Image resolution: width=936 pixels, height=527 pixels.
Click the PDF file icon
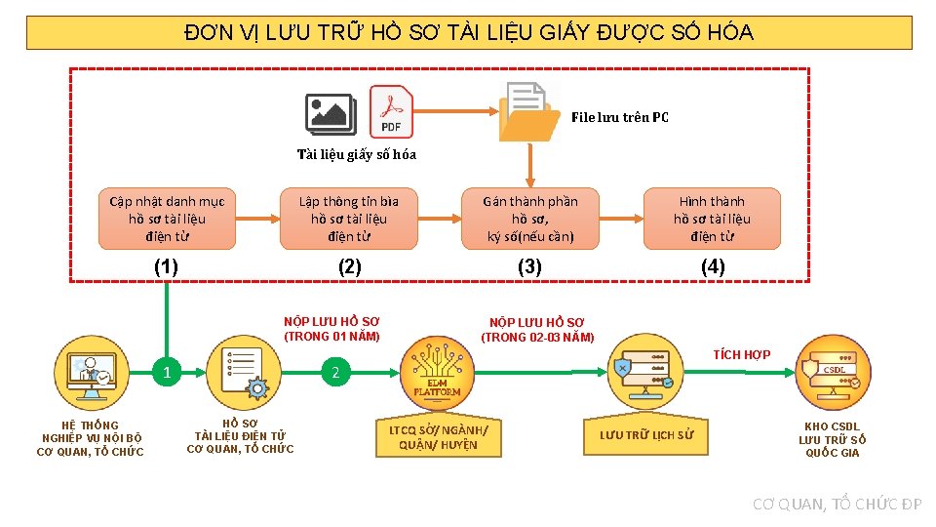(391, 111)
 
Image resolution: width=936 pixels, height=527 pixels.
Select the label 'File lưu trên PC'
(620, 117)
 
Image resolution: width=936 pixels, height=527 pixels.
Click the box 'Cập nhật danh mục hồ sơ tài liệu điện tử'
(167, 219)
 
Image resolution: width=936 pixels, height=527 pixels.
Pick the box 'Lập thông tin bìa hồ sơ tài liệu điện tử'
(348, 219)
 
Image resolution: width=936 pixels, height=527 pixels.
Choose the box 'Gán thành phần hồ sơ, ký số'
(530, 219)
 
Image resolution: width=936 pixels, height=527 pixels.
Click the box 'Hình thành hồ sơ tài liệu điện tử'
(712, 219)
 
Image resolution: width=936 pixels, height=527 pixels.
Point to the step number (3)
(529, 266)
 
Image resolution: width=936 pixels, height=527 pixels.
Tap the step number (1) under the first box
(167, 266)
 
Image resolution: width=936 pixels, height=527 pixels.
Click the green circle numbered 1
(167, 372)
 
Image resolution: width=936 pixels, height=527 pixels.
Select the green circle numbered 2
(335, 372)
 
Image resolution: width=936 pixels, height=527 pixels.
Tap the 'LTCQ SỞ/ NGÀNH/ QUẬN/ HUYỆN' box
(439, 437)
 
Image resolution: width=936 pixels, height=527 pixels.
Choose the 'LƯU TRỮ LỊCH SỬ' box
(646, 435)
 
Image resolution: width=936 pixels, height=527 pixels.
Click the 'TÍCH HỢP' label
(741, 354)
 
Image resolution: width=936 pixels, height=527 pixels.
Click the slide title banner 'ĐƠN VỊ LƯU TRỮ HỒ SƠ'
(469, 33)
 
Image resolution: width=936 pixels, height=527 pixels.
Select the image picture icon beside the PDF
(330, 114)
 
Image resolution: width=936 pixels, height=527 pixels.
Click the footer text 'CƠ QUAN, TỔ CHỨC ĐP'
(837, 504)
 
